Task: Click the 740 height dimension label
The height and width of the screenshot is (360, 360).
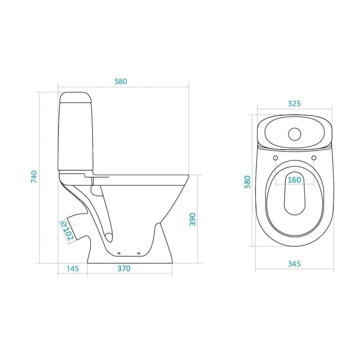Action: click(34, 177)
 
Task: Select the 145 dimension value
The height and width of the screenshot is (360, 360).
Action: click(73, 268)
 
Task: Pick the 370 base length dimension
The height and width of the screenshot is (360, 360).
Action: click(124, 268)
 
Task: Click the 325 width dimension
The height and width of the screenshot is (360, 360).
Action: click(294, 104)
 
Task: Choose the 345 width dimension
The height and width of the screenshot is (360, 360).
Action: click(294, 264)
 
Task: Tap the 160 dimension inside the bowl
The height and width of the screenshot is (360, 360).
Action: click(294, 180)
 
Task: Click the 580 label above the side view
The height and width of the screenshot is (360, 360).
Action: click(121, 81)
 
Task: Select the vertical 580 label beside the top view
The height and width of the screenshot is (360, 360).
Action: click(247, 182)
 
